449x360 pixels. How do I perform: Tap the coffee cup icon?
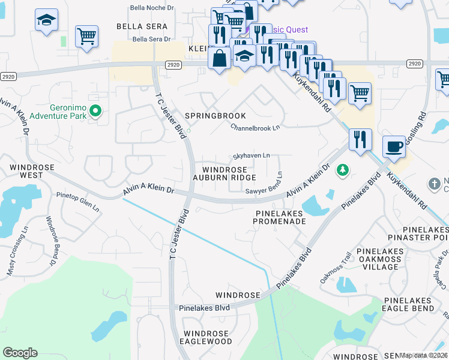click(x=394, y=146)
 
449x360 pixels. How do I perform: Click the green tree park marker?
click(x=343, y=170)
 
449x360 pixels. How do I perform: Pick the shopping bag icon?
click(x=220, y=58)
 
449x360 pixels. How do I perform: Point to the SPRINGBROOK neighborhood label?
click(x=215, y=115)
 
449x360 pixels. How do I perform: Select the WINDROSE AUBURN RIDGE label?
click(x=224, y=173)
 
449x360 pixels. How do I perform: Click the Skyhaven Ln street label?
click(x=250, y=156)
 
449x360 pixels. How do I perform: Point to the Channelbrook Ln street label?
click(x=255, y=128)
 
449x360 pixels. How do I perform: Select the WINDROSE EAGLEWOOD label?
click(x=207, y=337)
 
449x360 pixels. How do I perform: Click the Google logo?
click(x=20, y=352)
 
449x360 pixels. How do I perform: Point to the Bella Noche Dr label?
click(x=152, y=8)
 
